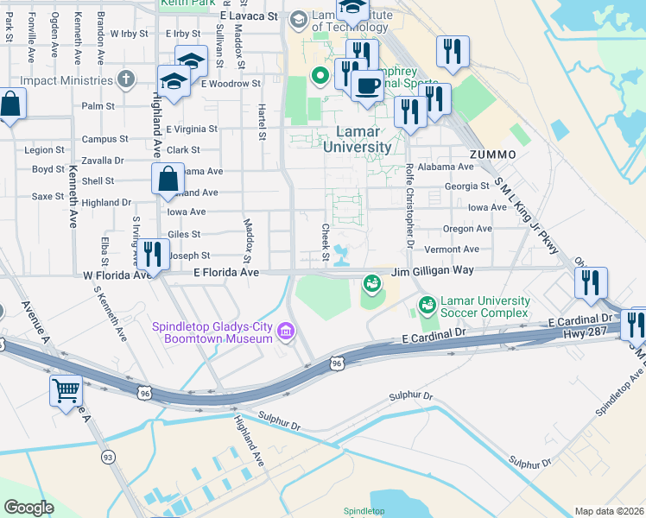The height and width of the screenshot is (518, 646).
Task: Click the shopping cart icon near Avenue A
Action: point(66,391)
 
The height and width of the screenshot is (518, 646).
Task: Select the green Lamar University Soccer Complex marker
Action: point(426,305)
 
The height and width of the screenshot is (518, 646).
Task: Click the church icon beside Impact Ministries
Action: point(126,80)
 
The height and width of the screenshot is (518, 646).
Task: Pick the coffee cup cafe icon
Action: point(368,86)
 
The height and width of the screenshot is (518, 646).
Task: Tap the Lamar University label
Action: point(357,140)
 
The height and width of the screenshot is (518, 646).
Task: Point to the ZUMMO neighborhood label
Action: point(494,154)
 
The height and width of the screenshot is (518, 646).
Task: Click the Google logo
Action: point(28,508)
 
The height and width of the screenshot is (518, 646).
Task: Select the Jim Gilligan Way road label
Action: point(432,271)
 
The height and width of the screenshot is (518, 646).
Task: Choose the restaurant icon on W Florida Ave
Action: point(152,256)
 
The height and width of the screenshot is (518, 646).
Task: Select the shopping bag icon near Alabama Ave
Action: point(168,180)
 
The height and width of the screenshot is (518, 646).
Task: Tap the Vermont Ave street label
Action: point(452,249)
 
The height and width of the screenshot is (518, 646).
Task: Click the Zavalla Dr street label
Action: point(102,161)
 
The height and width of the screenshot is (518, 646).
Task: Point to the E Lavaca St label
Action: point(249,16)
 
